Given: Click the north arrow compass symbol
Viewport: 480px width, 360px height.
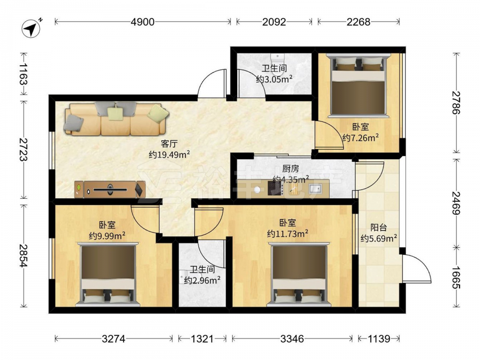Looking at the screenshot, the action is [31, 28].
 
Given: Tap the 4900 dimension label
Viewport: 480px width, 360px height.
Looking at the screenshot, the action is [143, 22].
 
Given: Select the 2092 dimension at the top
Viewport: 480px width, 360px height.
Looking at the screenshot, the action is [274, 22].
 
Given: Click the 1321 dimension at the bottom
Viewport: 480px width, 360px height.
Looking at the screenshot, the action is [202, 338].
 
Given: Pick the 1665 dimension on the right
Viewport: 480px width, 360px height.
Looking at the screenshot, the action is [456, 277].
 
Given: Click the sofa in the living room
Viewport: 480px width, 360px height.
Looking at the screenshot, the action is [116, 119].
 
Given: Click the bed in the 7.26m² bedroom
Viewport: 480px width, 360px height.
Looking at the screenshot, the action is [358, 85].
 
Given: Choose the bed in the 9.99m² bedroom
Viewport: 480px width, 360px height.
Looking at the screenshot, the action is [108, 274].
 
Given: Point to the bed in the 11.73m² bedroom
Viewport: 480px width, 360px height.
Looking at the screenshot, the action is [299, 274].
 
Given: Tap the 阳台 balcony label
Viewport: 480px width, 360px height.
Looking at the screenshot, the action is [379, 228].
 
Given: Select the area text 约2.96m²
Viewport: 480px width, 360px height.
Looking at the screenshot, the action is [203, 280].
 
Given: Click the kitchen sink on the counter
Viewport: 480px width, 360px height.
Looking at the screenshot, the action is [315, 189].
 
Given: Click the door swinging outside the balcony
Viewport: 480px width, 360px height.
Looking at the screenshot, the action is [417, 268].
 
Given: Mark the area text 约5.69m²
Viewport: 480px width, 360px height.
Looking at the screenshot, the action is [379, 238].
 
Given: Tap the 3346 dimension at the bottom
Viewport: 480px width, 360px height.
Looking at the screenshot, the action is [292, 338].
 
